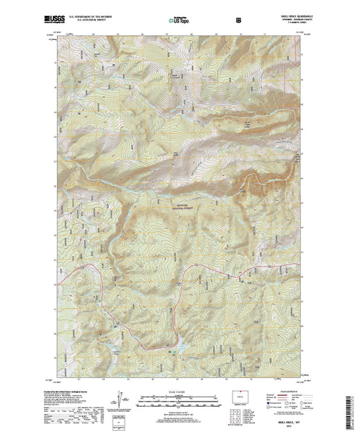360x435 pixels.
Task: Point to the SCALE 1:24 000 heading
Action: click(x=180, y=390)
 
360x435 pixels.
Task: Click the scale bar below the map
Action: click(x=180, y=397)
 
